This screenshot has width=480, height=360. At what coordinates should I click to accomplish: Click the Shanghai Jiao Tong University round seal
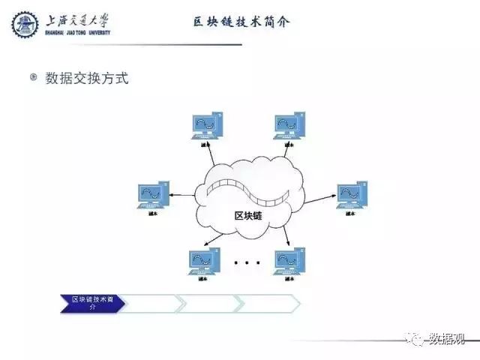click(25, 24)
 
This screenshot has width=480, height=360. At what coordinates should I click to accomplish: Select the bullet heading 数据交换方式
click(87, 78)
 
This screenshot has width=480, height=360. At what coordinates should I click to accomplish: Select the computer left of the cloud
click(154, 195)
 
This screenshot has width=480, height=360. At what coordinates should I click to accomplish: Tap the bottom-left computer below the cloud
click(204, 261)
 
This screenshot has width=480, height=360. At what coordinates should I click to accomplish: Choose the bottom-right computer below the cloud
click(289, 261)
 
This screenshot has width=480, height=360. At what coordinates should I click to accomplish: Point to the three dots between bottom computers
click(247, 263)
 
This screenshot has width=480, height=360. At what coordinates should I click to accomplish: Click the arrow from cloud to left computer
click(182, 196)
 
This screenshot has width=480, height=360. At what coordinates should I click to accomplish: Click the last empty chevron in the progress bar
click(268, 303)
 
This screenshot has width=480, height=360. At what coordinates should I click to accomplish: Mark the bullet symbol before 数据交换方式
click(33, 77)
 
